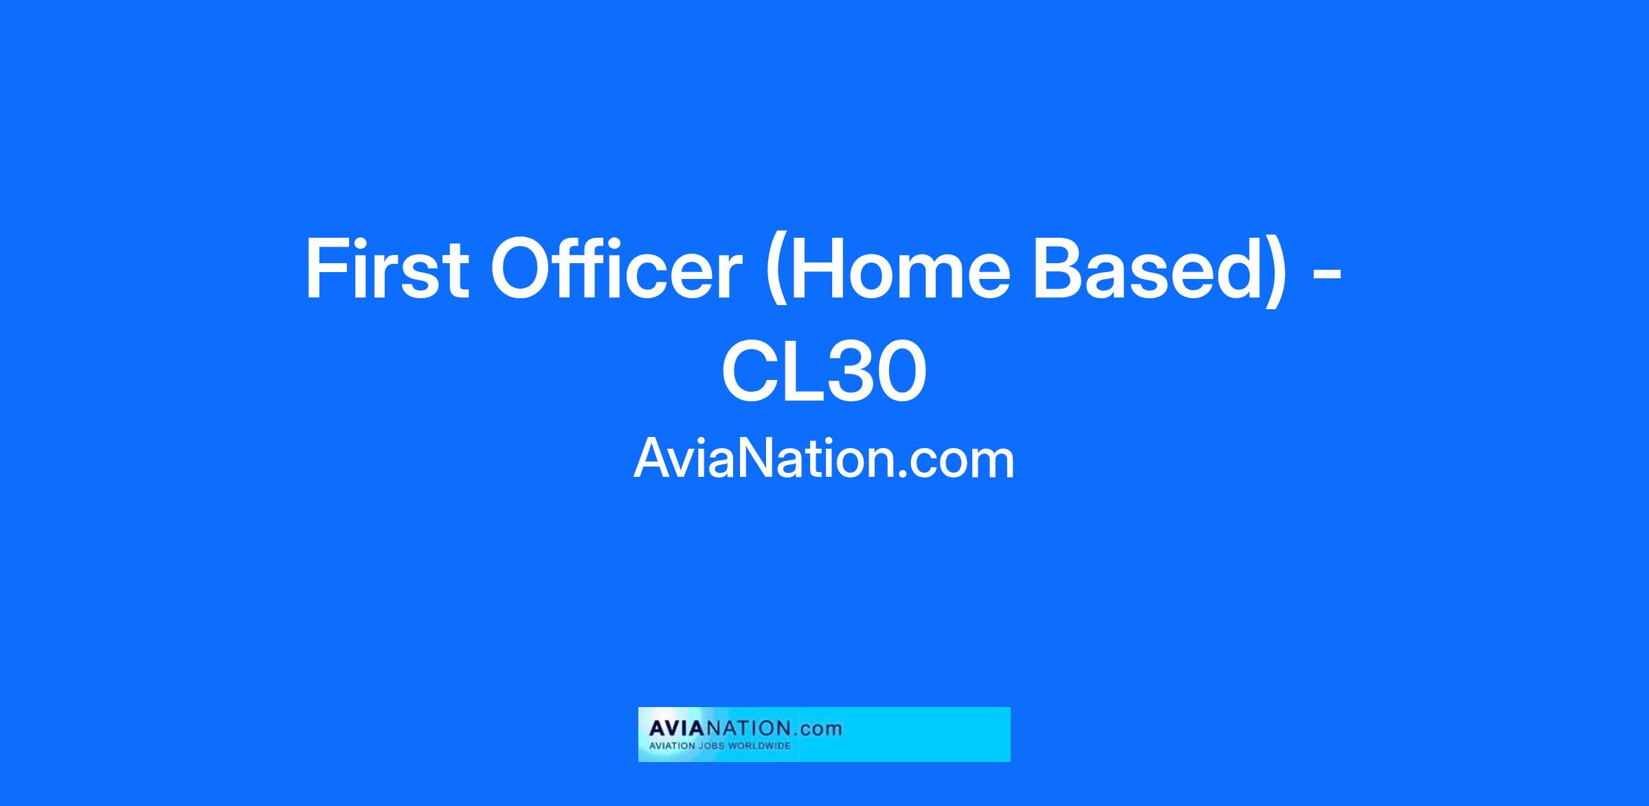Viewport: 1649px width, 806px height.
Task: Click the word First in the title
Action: pos(387,269)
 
